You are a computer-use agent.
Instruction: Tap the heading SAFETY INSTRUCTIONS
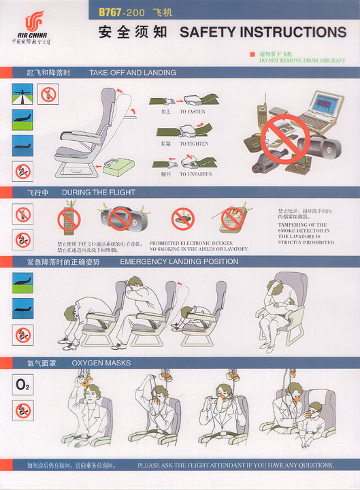point(263,32)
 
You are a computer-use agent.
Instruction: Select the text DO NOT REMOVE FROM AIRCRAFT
point(301,61)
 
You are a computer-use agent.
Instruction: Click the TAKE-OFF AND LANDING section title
point(132,72)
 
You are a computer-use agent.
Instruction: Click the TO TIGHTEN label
point(194,144)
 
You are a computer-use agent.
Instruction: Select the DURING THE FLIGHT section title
point(98,193)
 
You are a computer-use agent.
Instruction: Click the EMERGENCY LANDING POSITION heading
point(179,261)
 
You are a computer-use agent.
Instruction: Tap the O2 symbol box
point(23,385)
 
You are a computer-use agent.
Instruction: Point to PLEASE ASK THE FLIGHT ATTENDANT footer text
point(235,465)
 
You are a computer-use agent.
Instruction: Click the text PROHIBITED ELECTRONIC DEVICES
point(191,243)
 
